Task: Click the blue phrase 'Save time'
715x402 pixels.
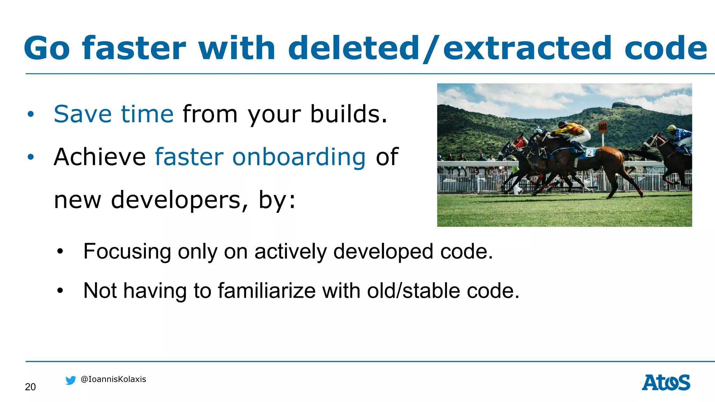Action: (x=113, y=114)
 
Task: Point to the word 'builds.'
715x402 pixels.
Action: (x=348, y=114)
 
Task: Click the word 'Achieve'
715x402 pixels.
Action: (x=100, y=157)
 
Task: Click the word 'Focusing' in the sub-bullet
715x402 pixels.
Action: (x=127, y=251)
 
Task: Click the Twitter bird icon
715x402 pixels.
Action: (x=71, y=380)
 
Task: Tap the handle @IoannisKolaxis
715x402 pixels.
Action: (x=113, y=379)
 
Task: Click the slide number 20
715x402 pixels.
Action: (x=30, y=387)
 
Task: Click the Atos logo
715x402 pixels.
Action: (x=666, y=382)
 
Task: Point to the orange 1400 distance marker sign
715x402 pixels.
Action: (x=603, y=127)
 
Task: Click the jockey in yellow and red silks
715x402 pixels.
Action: (x=573, y=133)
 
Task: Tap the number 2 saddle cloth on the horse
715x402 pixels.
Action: (x=589, y=153)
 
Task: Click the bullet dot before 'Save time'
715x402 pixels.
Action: (x=31, y=114)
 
